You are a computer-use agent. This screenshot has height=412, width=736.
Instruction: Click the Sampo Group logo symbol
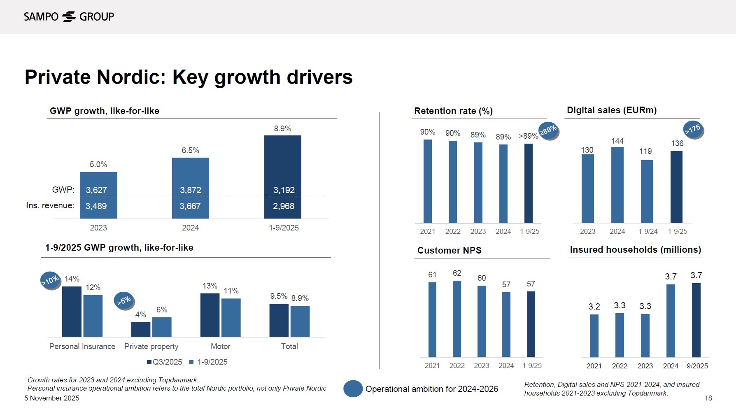click(69, 16)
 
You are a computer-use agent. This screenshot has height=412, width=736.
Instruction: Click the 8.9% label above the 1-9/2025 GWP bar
click(282, 129)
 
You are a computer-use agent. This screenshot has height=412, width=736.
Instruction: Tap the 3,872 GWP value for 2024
click(190, 190)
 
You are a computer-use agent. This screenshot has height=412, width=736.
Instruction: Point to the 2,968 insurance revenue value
click(283, 206)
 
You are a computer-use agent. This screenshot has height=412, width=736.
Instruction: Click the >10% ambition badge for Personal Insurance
click(50, 281)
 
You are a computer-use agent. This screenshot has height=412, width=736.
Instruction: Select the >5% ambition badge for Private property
click(124, 301)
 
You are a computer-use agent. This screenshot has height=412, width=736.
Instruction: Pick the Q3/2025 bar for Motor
click(210, 315)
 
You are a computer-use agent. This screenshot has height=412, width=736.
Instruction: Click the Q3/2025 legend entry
click(165, 362)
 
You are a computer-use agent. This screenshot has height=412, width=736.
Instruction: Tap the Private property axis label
click(151, 347)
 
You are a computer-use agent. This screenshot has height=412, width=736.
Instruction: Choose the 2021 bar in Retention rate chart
click(428, 181)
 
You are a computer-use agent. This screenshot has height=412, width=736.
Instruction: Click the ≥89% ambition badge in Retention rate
click(548, 131)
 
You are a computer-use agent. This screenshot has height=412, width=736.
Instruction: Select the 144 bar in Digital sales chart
click(617, 185)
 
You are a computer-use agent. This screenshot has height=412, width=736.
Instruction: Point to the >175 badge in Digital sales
click(693, 129)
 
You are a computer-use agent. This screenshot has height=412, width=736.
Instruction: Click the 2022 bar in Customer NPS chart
click(457, 319)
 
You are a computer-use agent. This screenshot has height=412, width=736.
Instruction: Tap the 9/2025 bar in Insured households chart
click(696, 320)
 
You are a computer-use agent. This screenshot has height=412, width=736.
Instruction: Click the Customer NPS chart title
click(449, 251)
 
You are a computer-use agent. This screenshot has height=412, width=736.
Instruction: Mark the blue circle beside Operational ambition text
click(353, 389)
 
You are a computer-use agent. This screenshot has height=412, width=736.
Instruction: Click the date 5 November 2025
click(52, 398)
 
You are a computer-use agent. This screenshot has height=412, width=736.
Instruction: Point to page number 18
click(708, 398)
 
